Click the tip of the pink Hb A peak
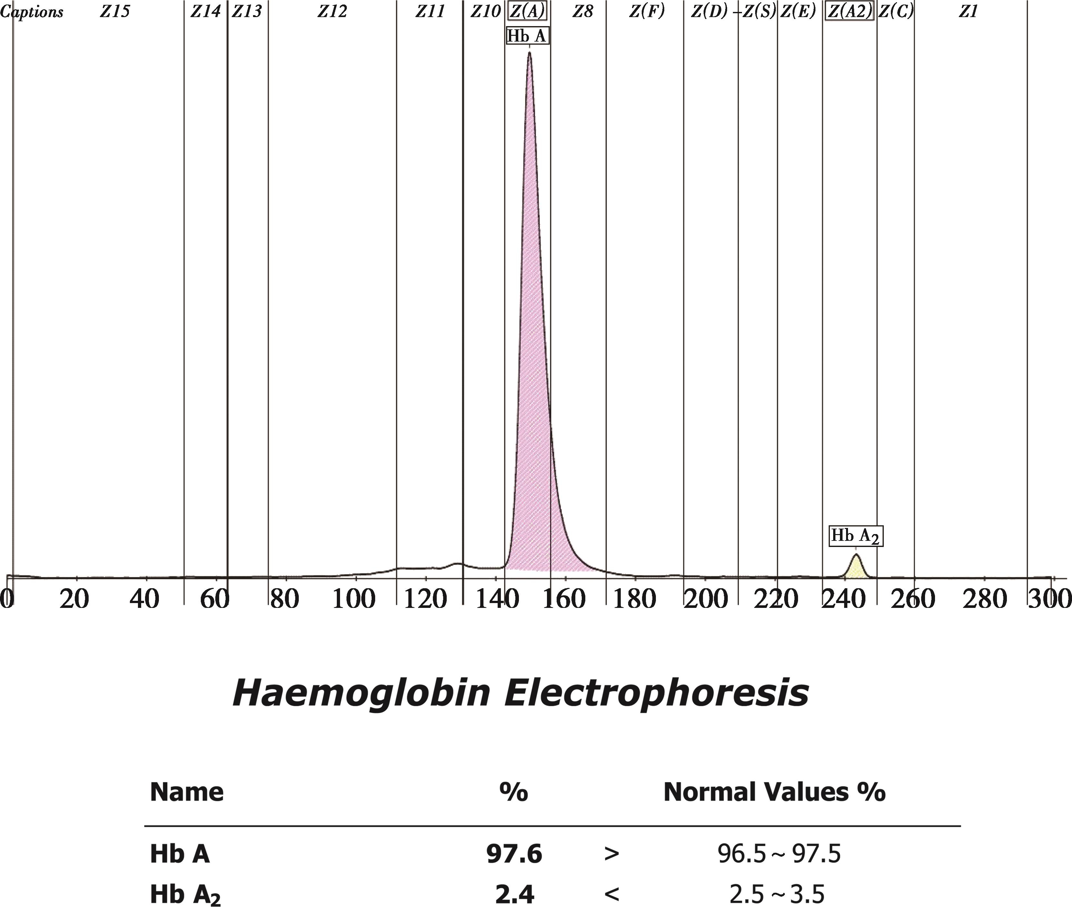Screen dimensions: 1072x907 point(529,53)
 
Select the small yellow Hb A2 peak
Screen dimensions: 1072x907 point(855,568)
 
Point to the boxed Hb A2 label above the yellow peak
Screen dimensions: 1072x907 point(855,536)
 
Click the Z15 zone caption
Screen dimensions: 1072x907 point(115,11)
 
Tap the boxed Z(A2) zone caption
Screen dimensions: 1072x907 point(849,11)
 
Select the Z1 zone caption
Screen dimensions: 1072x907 point(968,11)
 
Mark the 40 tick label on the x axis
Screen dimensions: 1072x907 point(144,599)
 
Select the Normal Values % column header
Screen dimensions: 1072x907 point(774,792)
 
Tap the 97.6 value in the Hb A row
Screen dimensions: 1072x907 point(514,854)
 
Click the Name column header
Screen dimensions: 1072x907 point(187,792)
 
